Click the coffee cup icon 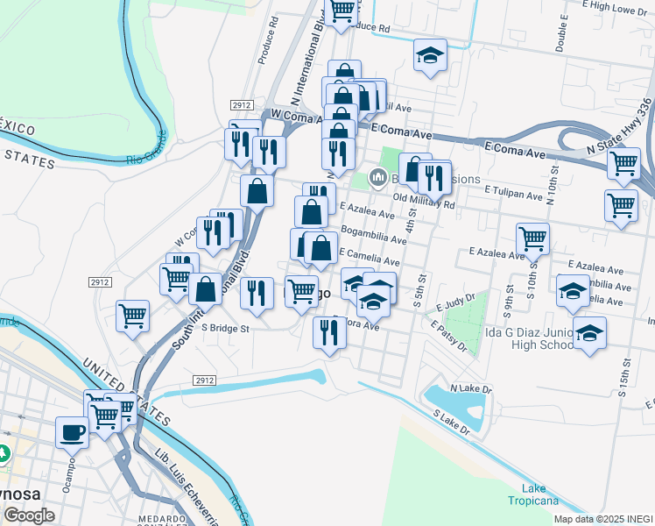pos(73,431)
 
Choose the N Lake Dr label pos(468,387)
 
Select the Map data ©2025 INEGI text pos(602,519)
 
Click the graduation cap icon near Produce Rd pos(430,55)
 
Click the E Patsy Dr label pos(448,335)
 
